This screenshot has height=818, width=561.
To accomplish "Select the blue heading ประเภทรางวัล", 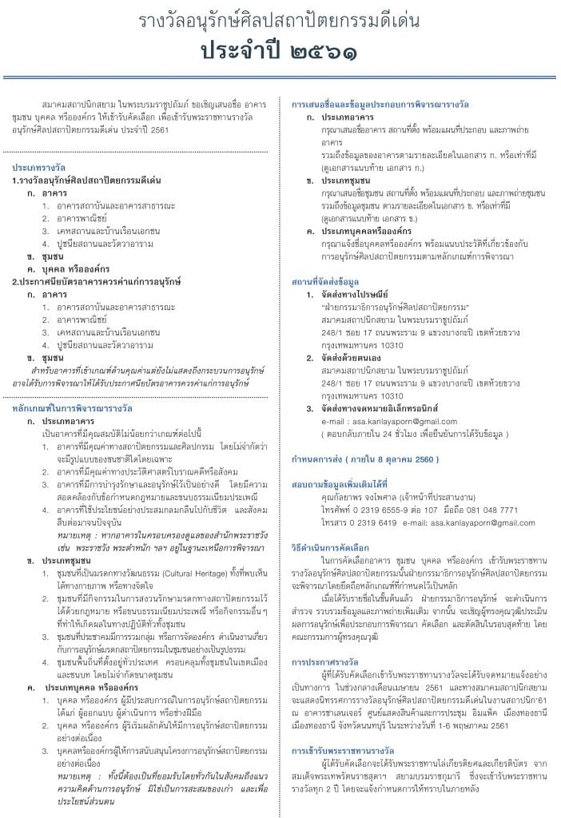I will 39,169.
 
